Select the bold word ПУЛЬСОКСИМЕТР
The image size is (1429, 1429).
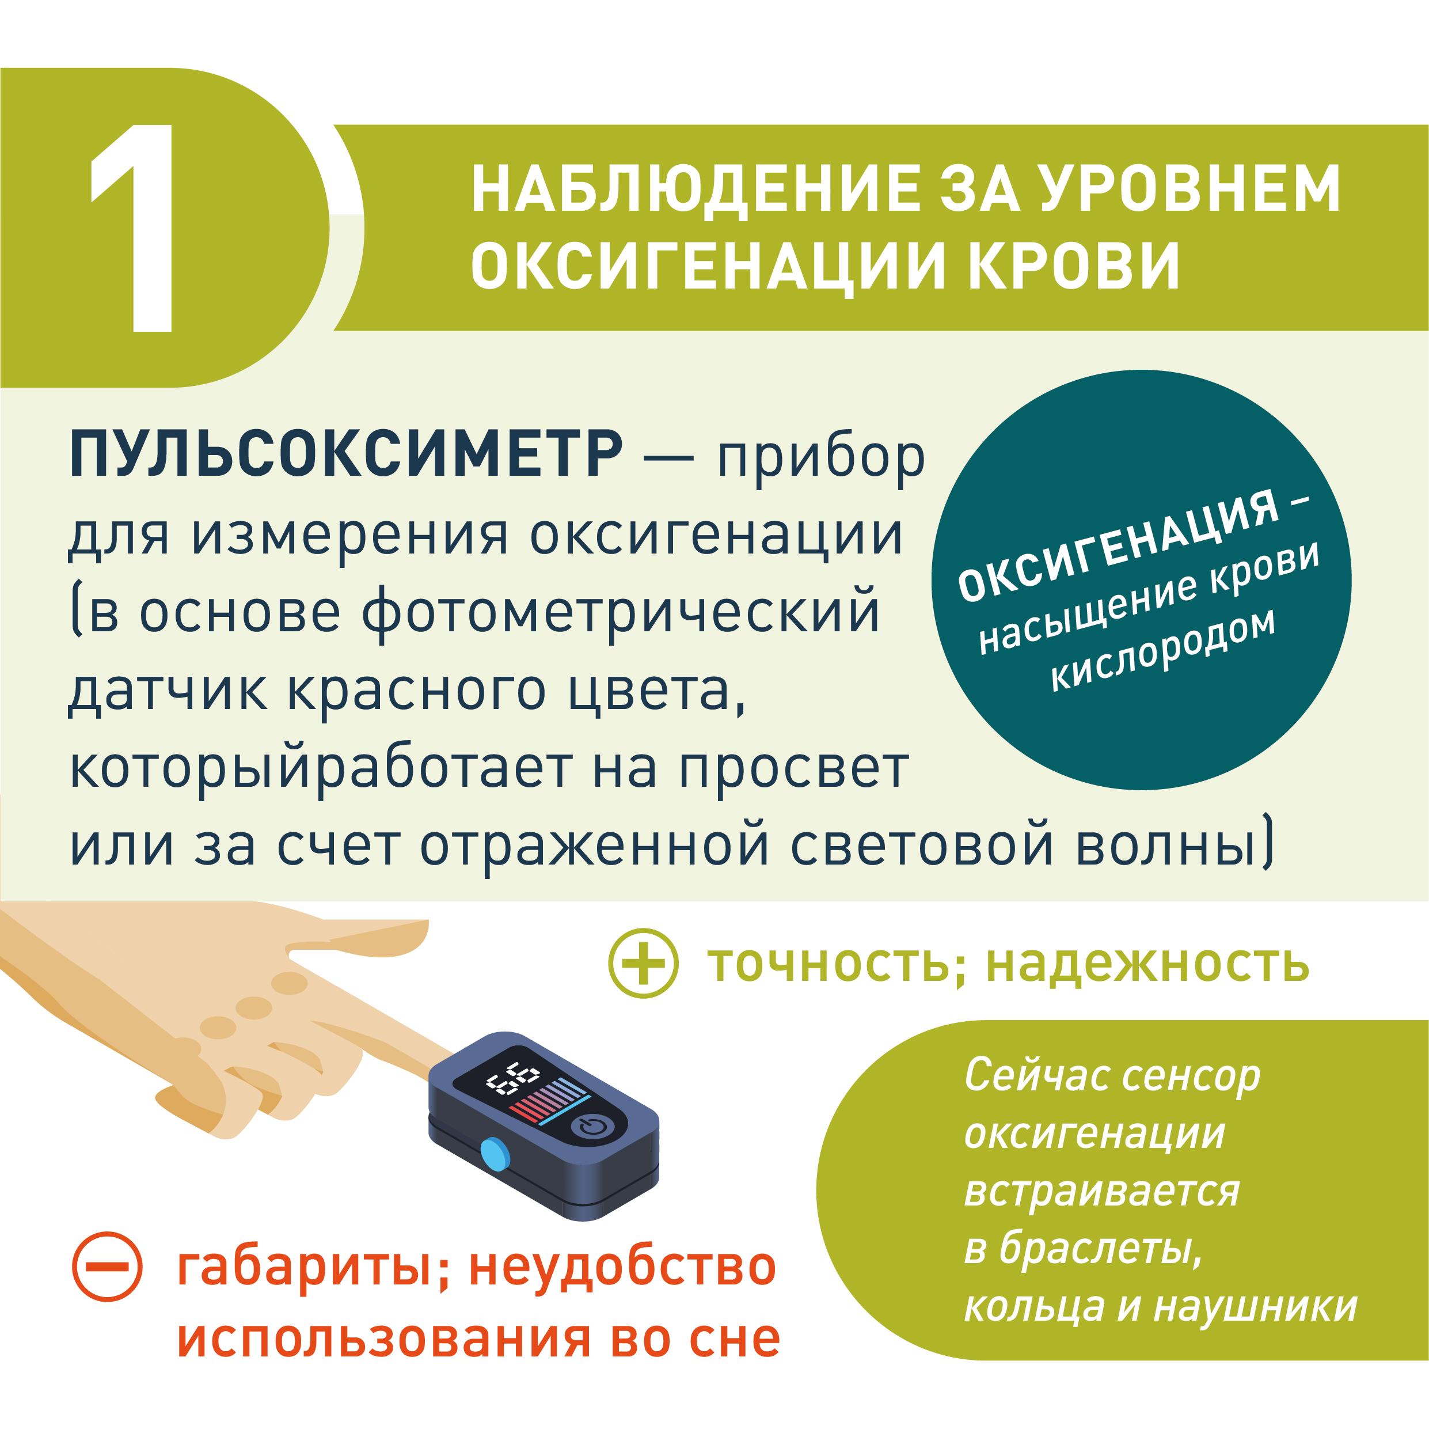pos(346,454)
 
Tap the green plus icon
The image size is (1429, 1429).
pos(643,963)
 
